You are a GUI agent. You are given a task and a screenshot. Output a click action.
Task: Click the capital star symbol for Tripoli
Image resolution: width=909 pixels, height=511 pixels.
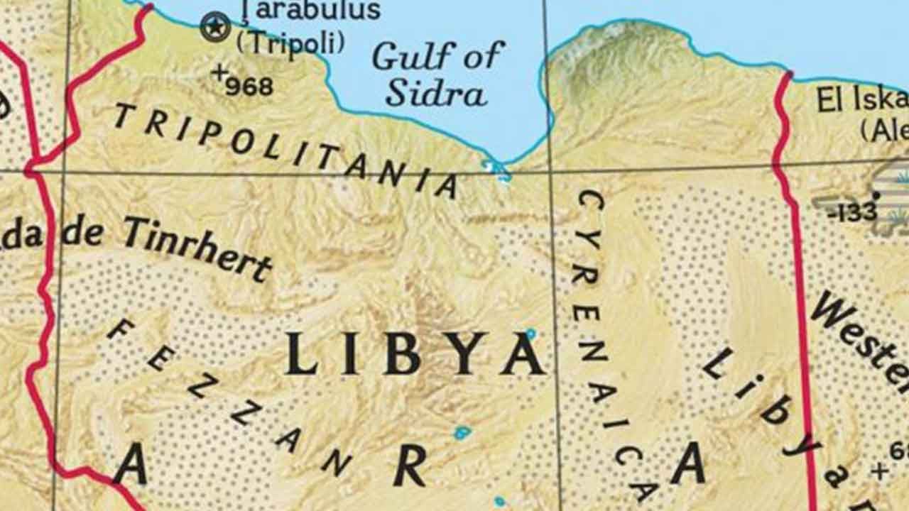(215, 27)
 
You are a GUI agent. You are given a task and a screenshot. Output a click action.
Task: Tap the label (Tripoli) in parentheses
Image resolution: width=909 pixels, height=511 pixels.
(290, 43)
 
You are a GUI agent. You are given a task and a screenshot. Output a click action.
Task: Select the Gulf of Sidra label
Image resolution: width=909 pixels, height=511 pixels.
(438, 74)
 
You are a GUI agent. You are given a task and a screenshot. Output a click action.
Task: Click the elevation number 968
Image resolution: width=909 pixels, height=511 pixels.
(249, 87)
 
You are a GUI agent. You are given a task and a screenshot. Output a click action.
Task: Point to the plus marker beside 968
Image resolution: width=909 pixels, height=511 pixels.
(220, 71)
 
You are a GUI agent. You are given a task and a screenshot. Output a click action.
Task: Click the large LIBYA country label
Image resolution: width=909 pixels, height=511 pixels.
(415, 353)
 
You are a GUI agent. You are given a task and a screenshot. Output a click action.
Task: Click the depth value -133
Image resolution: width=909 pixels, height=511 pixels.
(852, 211)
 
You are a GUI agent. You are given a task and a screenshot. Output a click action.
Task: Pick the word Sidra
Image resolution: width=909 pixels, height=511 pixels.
(436, 93)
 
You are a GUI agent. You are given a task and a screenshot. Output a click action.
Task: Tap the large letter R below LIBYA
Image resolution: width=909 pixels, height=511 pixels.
(410, 466)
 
